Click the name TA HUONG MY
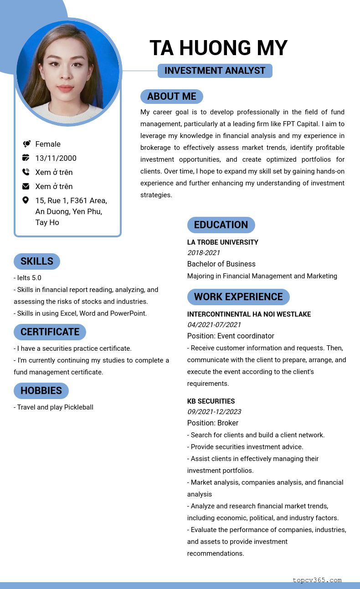[218, 48]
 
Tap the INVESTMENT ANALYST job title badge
[215, 71]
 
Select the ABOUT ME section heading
[171, 97]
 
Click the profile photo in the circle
[68, 72]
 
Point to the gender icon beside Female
[26, 144]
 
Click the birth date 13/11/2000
[56, 158]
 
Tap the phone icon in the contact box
[26, 172]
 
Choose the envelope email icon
[26, 186]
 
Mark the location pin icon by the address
[26, 200]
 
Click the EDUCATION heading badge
[221, 225]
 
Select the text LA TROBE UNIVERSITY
[222, 242]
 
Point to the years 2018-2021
[203, 253]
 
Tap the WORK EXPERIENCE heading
[238, 297]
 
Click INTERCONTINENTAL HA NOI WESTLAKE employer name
[249, 314]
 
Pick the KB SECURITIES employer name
[211, 401]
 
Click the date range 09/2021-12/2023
[214, 412]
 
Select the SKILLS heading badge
[37, 261]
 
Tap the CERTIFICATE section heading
[50, 332]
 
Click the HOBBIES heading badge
[41, 391]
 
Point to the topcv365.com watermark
[317, 580]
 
